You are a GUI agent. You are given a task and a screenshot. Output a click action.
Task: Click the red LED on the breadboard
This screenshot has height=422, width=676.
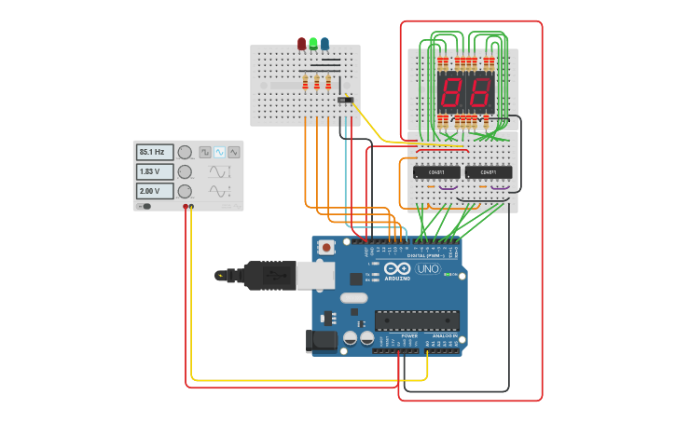(x=301, y=43)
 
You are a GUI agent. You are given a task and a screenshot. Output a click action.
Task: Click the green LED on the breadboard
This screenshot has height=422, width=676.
(x=313, y=43)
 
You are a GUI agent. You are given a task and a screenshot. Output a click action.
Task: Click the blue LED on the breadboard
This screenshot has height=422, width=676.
(x=324, y=43)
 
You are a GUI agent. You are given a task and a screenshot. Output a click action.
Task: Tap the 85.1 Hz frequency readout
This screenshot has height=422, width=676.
(x=155, y=152)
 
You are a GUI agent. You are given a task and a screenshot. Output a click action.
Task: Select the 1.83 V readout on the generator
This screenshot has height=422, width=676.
(x=155, y=171)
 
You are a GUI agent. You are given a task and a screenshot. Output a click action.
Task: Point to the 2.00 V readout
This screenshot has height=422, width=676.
(x=155, y=191)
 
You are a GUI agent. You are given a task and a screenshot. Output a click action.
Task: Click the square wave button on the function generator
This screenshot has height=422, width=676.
(x=205, y=152)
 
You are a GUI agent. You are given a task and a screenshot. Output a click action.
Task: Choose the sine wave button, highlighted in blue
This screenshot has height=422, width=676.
(x=219, y=152)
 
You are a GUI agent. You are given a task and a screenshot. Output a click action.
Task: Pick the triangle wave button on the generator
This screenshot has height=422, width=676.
(x=233, y=152)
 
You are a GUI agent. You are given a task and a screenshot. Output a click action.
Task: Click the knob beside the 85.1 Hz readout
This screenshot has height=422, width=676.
(x=186, y=152)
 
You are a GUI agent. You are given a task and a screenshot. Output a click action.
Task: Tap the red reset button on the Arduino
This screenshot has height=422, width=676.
(x=326, y=248)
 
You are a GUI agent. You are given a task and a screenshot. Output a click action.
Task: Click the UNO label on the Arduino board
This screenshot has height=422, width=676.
(x=427, y=268)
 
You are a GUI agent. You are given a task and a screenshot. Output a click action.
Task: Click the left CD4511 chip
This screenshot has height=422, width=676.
(x=436, y=172)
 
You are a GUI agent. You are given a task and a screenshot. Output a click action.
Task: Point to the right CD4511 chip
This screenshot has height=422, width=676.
(x=489, y=172)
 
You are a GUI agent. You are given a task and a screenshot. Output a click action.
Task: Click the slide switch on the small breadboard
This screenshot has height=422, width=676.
(x=346, y=100)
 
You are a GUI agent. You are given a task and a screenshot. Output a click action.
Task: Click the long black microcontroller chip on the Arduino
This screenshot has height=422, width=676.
(x=416, y=320)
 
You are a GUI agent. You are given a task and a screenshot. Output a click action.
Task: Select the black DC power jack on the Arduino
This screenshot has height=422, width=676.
(x=322, y=341)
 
